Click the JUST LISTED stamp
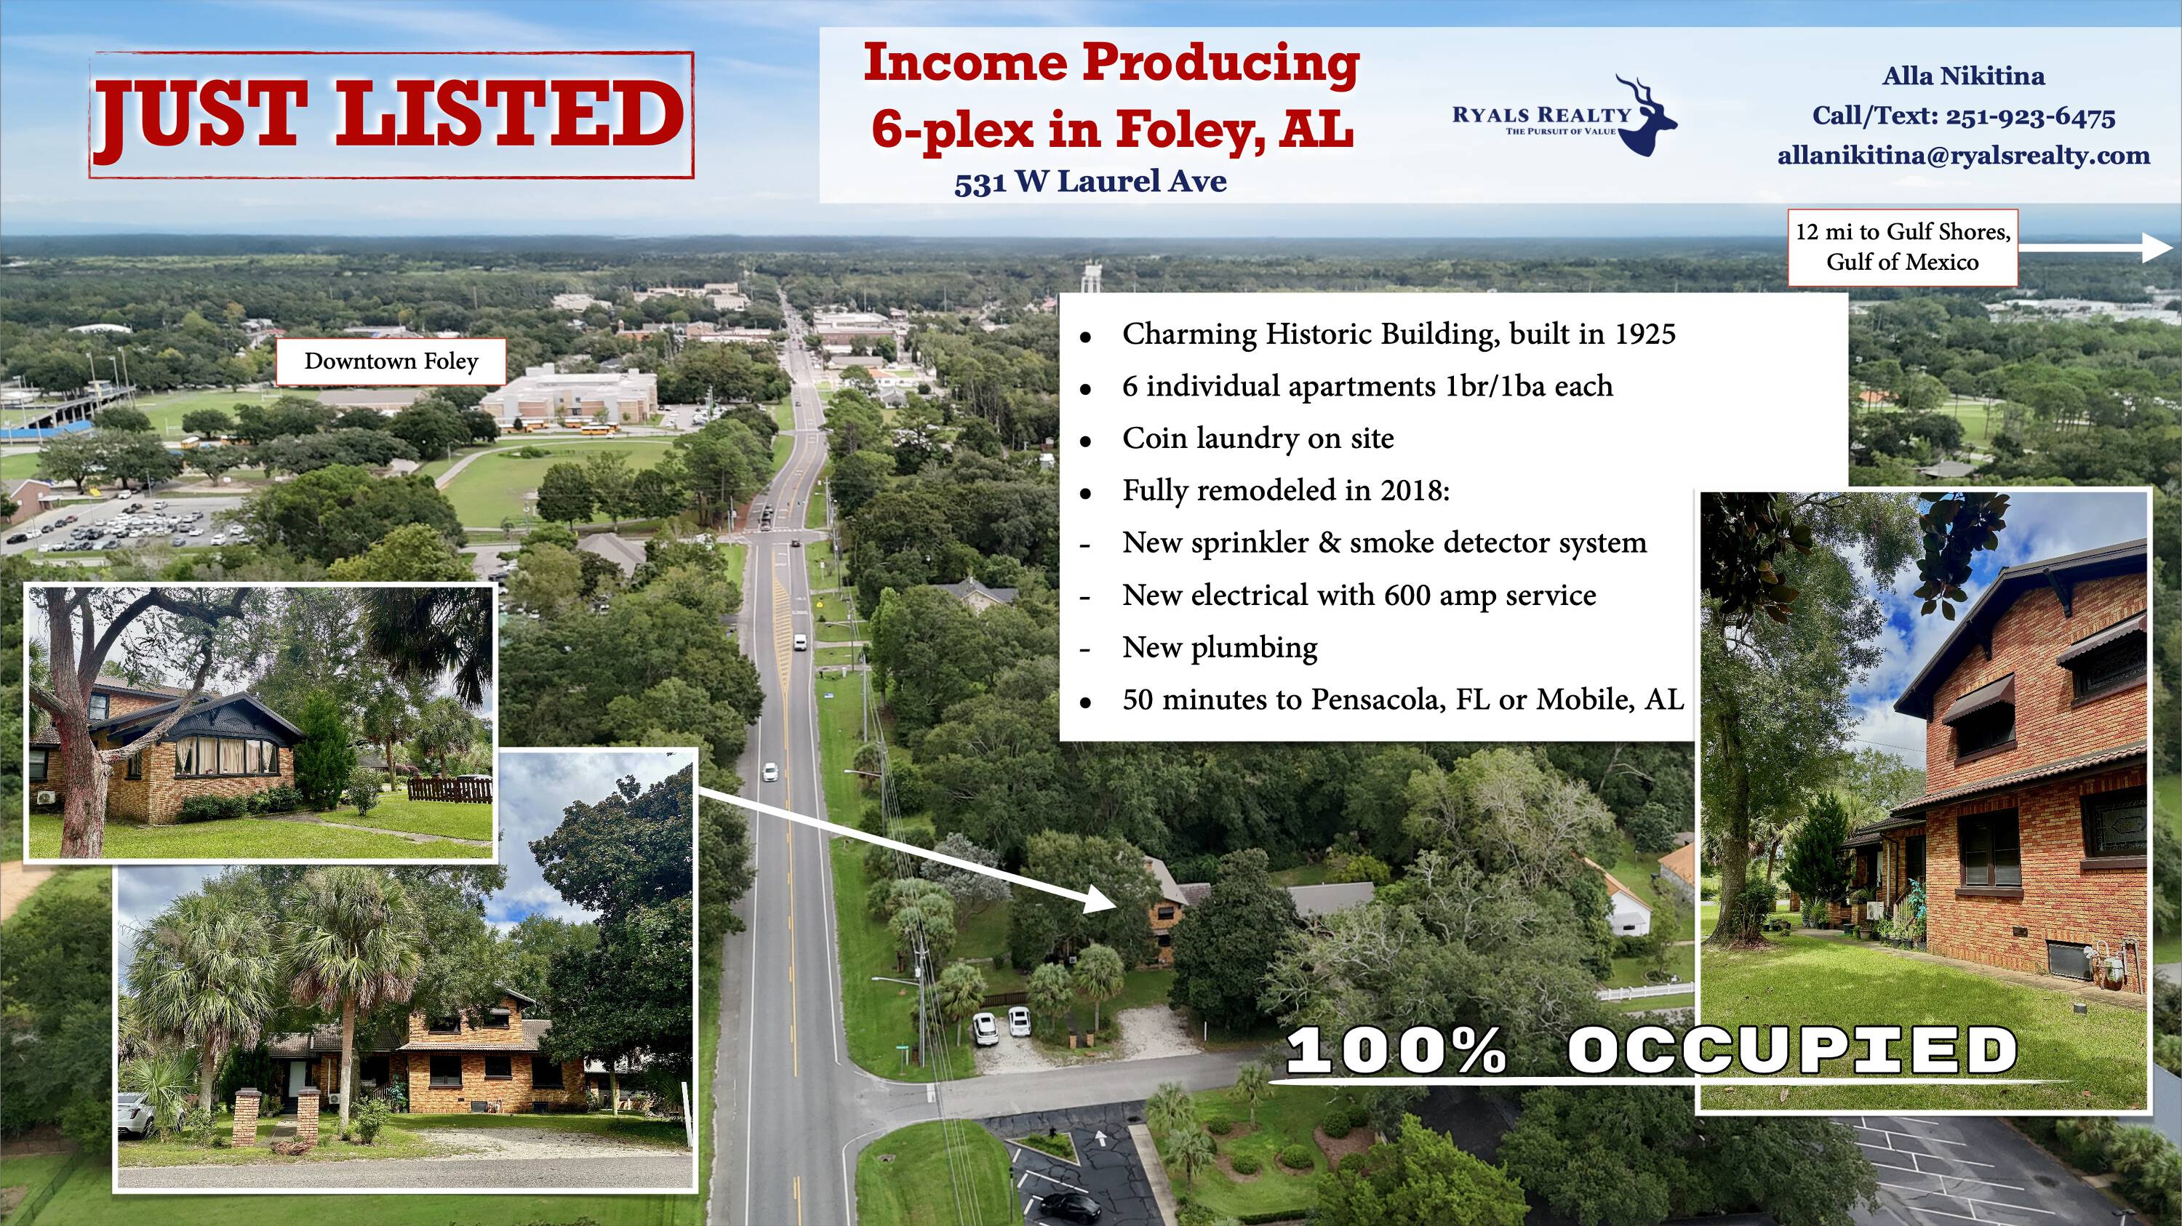pos(391,115)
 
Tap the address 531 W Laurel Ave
pos(1090,181)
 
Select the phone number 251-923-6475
pos(2031,116)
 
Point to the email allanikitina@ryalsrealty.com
pos(1964,156)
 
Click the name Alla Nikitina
pos(1964,76)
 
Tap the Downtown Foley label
pos(391,361)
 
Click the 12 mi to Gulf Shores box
pos(1903,247)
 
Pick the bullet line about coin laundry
pos(1258,438)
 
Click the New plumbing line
pos(1220,648)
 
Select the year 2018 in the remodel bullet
pos(1415,491)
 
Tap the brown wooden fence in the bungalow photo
pos(449,789)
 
